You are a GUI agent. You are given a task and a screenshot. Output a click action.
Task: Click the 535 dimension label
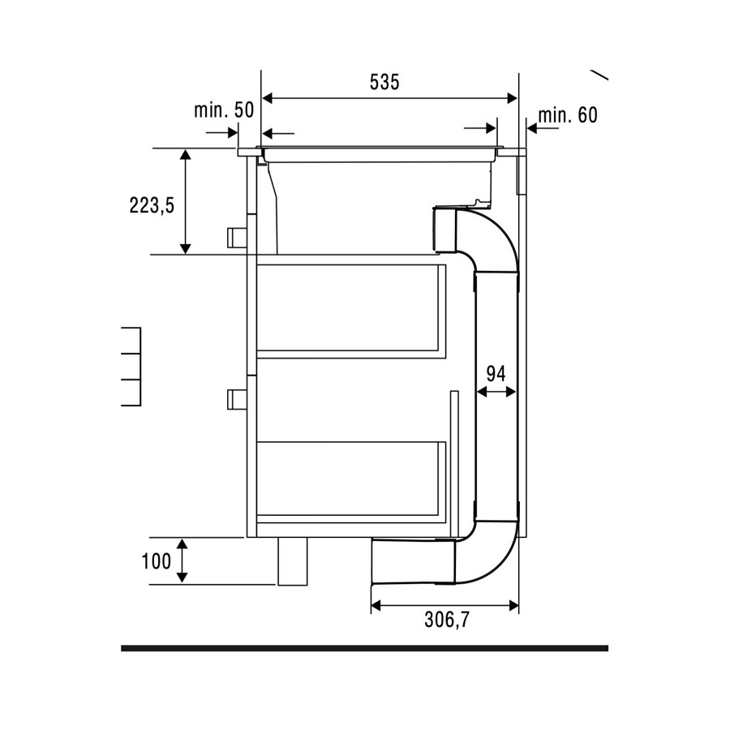pos(384,82)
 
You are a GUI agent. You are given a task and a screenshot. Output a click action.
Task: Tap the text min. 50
pos(224,109)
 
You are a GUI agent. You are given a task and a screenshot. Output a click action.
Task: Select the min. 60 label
pos(568,115)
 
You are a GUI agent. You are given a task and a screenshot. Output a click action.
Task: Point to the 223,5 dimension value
pos(152,205)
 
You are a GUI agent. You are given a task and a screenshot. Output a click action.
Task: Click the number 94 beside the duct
pos(496,374)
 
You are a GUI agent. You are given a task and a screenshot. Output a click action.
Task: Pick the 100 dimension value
pos(157,561)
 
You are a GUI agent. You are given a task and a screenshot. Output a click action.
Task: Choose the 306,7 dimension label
pos(447,620)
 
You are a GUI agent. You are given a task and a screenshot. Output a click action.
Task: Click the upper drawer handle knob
pos(237,238)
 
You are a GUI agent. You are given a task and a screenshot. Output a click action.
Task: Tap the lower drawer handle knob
pos(237,400)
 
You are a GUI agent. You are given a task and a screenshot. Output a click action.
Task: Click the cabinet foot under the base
pos(293,561)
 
